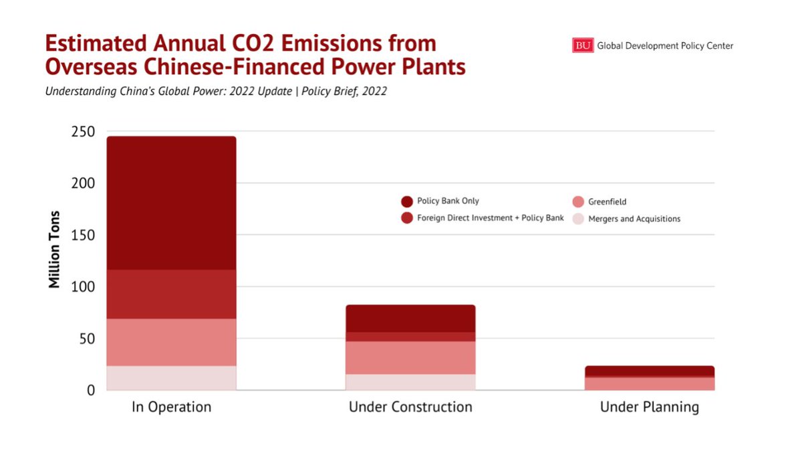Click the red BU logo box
click(583, 46)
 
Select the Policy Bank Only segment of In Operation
click(172, 203)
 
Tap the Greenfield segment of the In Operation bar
click(172, 342)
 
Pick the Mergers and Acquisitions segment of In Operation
click(172, 377)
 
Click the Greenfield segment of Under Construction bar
click(410, 357)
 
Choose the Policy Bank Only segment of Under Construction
click(410, 319)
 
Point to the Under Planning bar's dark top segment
click(649, 371)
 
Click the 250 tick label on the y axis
click(83, 131)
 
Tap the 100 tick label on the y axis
click(83, 286)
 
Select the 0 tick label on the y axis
click(90, 390)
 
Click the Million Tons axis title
click(55, 250)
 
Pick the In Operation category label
click(172, 407)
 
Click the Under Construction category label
click(410, 407)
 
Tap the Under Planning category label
click(649, 407)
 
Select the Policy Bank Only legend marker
click(406, 201)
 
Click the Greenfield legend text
click(607, 201)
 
